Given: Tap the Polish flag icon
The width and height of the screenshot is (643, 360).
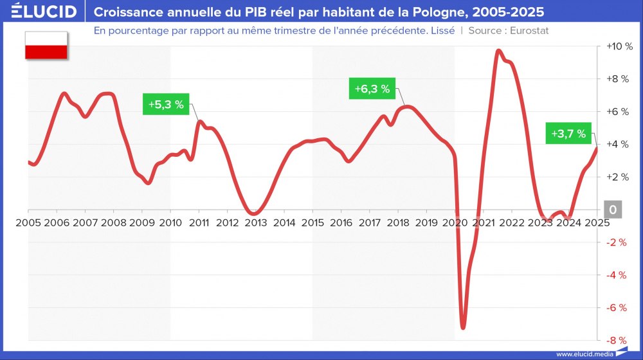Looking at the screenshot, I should coord(46,45).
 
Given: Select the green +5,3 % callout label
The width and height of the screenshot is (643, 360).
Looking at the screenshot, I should coord(166,104).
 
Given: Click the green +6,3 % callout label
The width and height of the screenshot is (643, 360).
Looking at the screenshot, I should coord(372,89).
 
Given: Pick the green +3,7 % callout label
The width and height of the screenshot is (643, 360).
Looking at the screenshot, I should coord(568,134).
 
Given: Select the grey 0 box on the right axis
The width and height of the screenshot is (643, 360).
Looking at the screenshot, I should coord(613,210).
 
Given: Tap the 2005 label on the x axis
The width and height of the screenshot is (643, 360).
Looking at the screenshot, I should coord(28,222).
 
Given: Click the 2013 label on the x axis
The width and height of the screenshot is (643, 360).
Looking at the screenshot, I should coord(255,222).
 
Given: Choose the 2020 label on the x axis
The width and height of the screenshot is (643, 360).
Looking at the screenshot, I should coord(455,222).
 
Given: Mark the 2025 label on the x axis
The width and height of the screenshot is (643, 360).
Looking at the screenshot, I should coord(596,222).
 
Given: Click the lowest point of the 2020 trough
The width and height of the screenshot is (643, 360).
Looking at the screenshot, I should coord(462,328).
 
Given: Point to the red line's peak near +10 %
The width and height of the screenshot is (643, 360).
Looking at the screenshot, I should coord(498,50).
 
